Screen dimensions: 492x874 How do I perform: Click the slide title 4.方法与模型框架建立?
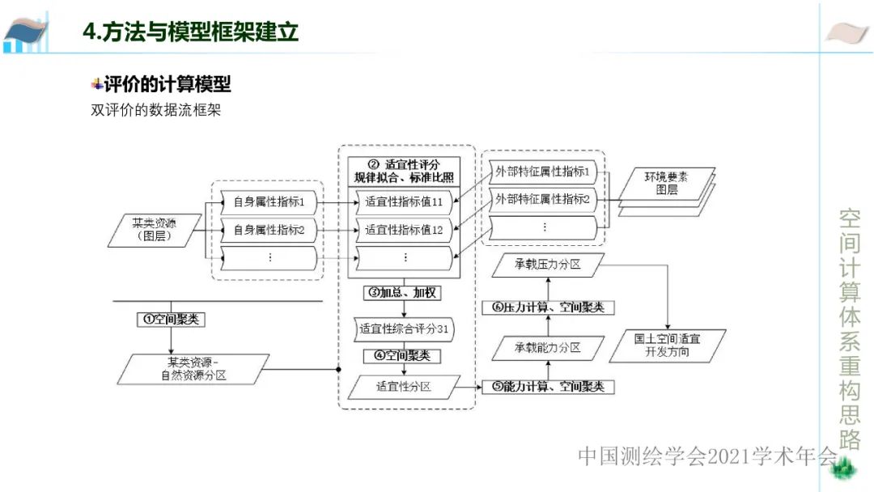click(190, 32)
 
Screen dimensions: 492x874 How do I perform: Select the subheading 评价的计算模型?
click(167, 84)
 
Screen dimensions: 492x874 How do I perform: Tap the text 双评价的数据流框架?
click(155, 111)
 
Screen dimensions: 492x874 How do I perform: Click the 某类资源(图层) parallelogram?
click(154, 230)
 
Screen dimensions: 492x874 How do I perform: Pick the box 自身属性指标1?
click(269, 202)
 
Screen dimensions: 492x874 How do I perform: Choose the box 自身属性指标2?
click(269, 230)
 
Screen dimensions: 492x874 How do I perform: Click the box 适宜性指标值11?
click(404, 202)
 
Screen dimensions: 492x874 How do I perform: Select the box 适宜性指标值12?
click(404, 230)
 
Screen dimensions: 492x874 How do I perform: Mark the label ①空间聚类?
click(170, 319)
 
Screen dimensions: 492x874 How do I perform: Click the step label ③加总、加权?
click(403, 292)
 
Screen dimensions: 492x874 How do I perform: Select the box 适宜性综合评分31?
click(404, 329)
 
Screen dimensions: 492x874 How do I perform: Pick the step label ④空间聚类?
click(402, 355)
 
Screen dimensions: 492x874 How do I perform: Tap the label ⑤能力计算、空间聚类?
click(548, 387)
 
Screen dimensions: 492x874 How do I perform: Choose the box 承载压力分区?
click(548, 265)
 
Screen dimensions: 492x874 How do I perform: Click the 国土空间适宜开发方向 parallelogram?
click(668, 346)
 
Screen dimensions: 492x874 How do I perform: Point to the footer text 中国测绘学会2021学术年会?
click(706, 456)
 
